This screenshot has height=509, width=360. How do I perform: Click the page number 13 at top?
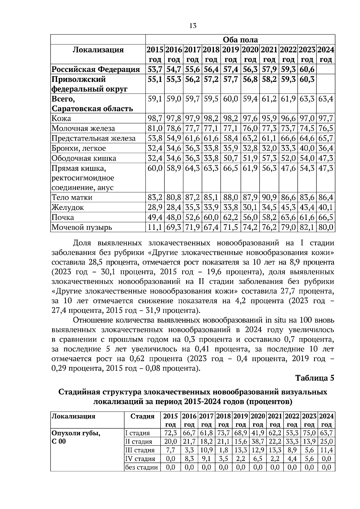pyautogui.click(x=193, y=26)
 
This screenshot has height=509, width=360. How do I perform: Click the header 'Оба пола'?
pyautogui.click(x=240, y=40)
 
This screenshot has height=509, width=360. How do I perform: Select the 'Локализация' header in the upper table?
pyautogui.click(x=98, y=50)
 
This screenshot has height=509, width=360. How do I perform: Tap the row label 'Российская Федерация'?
pyautogui.click(x=96, y=70)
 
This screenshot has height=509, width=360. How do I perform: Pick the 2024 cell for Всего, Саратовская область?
pyautogui.click(x=326, y=99)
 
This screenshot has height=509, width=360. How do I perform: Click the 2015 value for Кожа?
pyautogui.click(x=155, y=118)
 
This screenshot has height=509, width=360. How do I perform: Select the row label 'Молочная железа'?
pyautogui.click(x=83, y=128)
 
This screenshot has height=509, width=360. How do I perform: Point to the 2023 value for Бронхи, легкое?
pyautogui.click(x=307, y=148)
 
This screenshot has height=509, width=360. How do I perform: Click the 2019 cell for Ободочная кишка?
pyautogui.click(x=230, y=158)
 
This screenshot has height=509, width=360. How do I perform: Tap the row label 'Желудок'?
pyautogui.click(x=68, y=207)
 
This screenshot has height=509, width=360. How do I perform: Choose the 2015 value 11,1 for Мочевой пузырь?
pyautogui.click(x=155, y=227)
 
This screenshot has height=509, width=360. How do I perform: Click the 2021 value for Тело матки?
pyautogui.click(x=269, y=197)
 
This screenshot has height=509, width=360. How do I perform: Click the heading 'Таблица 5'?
pyautogui.click(x=315, y=378)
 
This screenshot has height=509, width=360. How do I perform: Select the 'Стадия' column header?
pyautogui.click(x=142, y=416)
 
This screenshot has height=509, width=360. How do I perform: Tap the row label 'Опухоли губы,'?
pyautogui.click(x=76, y=433)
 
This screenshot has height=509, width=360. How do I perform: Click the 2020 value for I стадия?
pyautogui.click(x=258, y=433)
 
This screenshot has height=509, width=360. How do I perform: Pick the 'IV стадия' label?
pyautogui.click(x=140, y=459)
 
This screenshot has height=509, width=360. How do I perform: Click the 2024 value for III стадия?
pyautogui.click(x=326, y=450)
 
